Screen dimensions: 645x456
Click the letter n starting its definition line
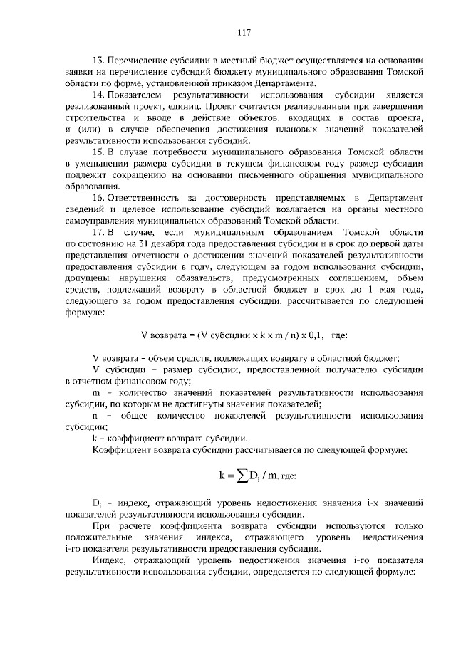[95, 415]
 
